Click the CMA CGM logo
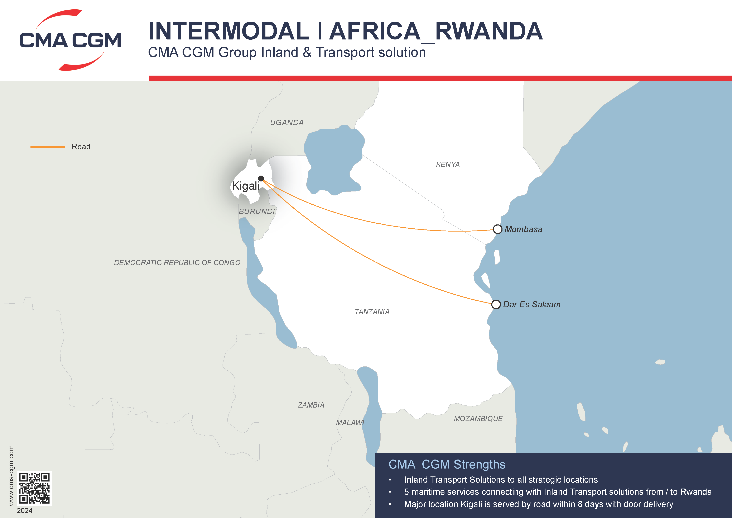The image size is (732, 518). point(70,40)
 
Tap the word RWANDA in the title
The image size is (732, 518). point(488,31)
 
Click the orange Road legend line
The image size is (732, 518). point(48,147)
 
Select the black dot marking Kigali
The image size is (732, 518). point(261,178)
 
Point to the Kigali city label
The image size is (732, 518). point(245,186)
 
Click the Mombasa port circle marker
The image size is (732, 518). point(497,229)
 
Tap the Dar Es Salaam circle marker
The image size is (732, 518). point(496,304)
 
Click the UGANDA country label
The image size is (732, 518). point(287,123)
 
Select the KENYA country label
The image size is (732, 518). point(448,165)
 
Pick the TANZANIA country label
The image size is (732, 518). point(372,312)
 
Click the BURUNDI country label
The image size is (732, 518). point(257,212)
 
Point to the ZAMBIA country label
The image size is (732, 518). point(311,405)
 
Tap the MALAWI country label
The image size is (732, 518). point(350,423)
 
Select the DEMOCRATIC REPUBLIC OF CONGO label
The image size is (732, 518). point(177,262)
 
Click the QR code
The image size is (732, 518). point(34,488)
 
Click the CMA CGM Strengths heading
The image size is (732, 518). point(447,464)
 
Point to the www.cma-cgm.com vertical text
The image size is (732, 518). point(11,475)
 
